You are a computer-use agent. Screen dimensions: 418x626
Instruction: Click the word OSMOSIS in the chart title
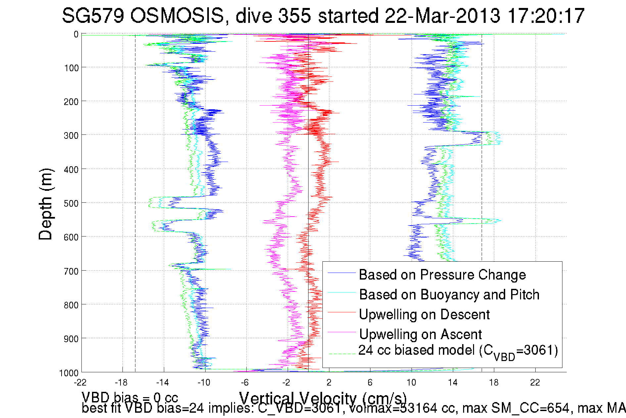pyautogui.click(x=177, y=16)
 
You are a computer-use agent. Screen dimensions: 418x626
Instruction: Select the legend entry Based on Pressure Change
pyautogui.click(x=442, y=275)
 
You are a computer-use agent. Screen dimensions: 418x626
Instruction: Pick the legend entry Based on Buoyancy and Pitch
pyautogui.click(x=449, y=295)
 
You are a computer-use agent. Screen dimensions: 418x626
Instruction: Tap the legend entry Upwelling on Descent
pyautogui.click(x=424, y=315)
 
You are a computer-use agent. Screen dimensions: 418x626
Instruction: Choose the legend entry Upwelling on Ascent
pyautogui.click(x=420, y=335)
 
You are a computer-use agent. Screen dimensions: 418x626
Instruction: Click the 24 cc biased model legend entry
pyautogui.click(x=458, y=351)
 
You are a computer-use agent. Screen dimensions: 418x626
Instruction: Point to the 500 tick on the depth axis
pyautogui.click(x=71, y=203)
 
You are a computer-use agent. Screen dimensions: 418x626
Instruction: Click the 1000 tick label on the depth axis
pyautogui.click(x=69, y=373)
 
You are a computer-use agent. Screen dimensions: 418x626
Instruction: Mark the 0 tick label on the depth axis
pyautogui.click(x=76, y=34)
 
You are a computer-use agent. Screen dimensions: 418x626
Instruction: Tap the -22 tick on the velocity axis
pyautogui.click(x=80, y=383)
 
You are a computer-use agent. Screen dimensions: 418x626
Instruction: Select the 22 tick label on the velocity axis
pyautogui.click(x=535, y=383)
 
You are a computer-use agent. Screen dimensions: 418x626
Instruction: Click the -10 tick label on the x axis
pyautogui.click(x=204, y=383)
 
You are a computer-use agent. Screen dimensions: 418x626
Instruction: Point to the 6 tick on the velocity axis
pyautogui.click(x=370, y=383)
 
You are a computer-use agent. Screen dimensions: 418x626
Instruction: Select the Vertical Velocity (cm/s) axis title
pyautogui.click(x=323, y=398)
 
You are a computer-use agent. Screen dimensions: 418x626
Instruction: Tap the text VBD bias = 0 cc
pyautogui.click(x=130, y=397)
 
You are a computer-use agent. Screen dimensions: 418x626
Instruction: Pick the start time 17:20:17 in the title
pyautogui.click(x=546, y=16)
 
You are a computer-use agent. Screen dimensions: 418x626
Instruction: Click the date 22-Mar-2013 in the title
pyautogui.click(x=442, y=16)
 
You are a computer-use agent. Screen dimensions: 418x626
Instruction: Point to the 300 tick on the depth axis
pyautogui.click(x=71, y=135)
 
